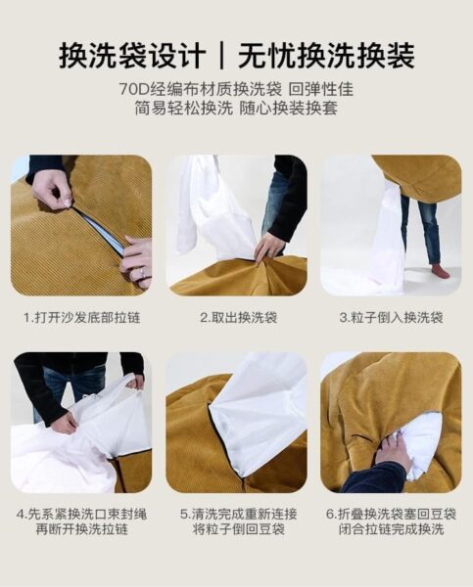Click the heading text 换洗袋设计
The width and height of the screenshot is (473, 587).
132,56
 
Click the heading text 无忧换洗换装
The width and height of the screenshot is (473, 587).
326,56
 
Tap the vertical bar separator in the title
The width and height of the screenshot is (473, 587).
222,56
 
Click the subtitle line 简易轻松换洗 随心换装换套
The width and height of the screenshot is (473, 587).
237,109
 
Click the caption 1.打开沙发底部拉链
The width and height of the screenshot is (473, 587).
82,318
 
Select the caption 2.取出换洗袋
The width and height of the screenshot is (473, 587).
238,318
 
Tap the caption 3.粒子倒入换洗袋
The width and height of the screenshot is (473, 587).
392,318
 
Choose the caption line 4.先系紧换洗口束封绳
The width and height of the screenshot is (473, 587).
81,514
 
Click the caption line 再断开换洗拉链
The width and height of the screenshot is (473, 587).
82,529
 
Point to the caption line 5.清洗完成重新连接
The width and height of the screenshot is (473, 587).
238,514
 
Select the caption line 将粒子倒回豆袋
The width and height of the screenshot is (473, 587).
239,529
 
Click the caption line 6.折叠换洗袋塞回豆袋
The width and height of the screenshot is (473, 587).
391,514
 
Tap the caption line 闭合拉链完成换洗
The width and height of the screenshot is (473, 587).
392,529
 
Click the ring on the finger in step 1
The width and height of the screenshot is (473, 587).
143,274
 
